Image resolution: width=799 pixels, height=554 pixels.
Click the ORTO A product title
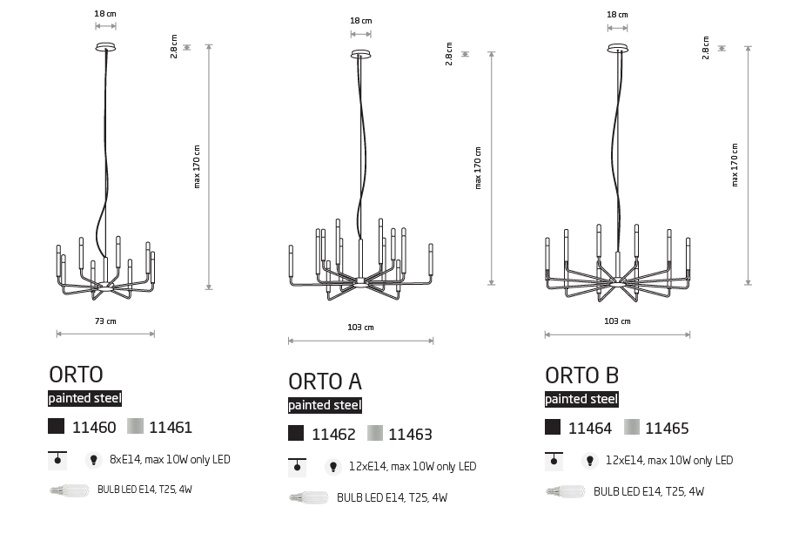pos(325,382)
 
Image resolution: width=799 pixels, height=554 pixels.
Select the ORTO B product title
pos(581,375)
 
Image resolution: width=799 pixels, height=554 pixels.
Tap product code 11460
pos(94,428)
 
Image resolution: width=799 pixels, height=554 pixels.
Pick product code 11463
pos(410,435)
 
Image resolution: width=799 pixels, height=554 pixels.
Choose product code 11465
pos(667,429)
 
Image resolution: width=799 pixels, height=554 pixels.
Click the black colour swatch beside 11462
pos(296,433)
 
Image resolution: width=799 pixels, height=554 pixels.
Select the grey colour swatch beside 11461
pos(135,426)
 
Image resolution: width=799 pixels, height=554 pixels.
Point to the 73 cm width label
pos(105,321)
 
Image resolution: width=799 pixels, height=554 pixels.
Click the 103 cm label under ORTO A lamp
pos(361,328)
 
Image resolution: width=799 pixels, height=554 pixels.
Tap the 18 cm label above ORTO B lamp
pos(618,15)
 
